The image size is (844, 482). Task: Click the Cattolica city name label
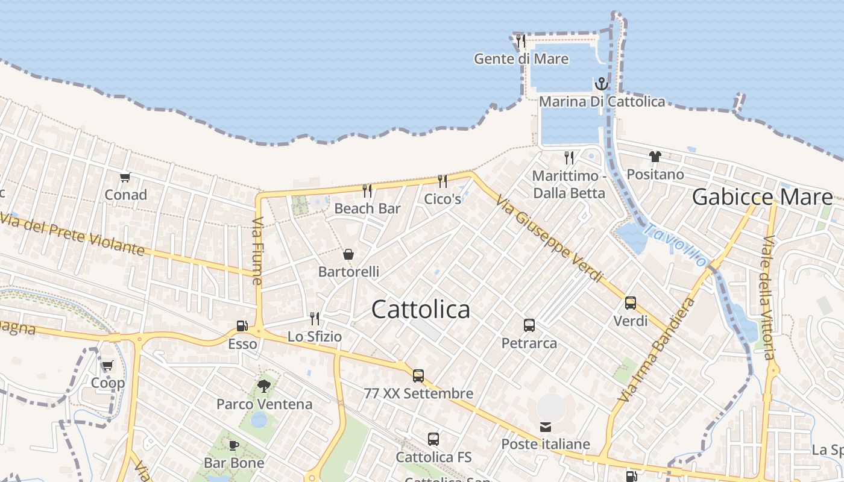click(x=420, y=309)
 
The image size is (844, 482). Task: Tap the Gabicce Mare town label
click(x=762, y=197)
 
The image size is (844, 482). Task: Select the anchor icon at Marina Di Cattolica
click(x=601, y=84)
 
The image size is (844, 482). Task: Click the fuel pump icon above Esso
click(x=242, y=326)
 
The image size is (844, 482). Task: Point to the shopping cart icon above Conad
click(x=125, y=177)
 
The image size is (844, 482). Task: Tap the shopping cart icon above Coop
click(x=107, y=365)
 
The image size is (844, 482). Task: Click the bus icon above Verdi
click(x=631, y=303)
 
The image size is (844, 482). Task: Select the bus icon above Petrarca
click(x=529, y=325)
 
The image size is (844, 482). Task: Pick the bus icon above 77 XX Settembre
click(x=418, y=376)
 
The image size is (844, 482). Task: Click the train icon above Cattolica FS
click(x=433, y=439)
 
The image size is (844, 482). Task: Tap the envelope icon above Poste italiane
click(x=546, y=427)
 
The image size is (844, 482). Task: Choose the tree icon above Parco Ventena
click(x=263, y=386)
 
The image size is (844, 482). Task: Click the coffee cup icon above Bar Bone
click(x=234, y=445)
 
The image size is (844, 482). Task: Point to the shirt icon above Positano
click(x=655, y=157)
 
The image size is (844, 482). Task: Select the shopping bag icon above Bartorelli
click(x=348, y=254)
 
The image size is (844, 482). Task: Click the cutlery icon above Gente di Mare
click(x=521, y=41)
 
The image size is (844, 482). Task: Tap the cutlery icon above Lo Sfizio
click(x=314, y=318)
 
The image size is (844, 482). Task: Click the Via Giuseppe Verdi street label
click(x=549, y=238)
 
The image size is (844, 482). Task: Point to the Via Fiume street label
click(x=257, y=251)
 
